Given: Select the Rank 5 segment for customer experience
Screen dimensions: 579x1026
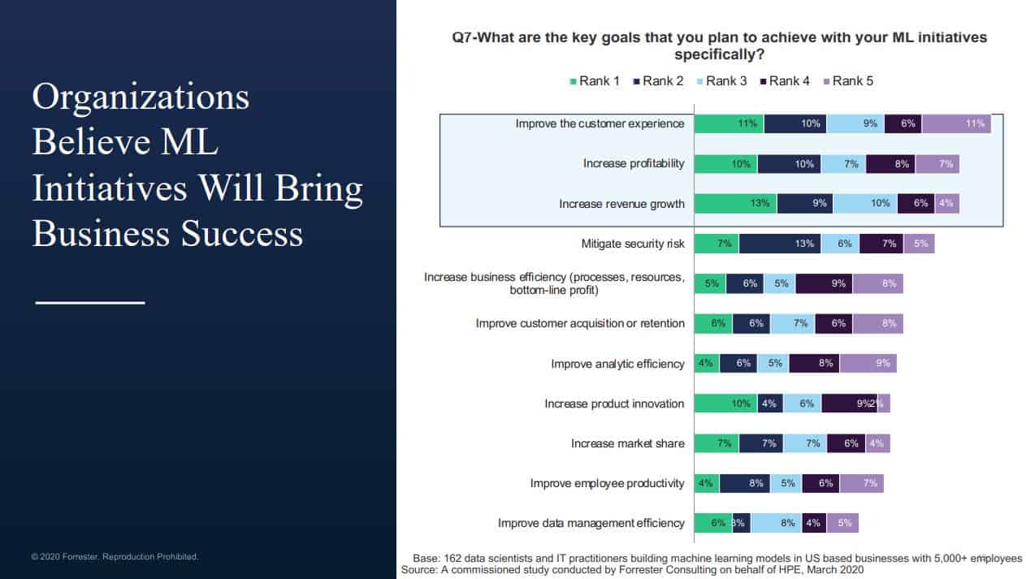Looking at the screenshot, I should (x=956, y=123).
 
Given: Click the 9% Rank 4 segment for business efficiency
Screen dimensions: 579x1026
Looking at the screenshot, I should (x=824, y=283).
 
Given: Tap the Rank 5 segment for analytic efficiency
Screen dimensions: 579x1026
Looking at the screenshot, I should (x=868, y=363).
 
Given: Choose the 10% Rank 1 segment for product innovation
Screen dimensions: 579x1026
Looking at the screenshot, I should (x=726, y=404).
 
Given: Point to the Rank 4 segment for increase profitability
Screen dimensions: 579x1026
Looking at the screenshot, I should (x=890, y=163).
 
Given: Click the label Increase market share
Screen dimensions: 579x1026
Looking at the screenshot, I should (x=627, y=443).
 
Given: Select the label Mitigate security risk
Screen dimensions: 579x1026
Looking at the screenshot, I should (x=633, y=244).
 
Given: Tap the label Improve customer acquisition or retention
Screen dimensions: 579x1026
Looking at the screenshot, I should (x=580, y=323).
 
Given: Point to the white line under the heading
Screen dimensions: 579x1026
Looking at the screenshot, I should (x=89, y=302).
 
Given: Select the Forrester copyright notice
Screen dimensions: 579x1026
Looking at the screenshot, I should (x=115, y=557).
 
